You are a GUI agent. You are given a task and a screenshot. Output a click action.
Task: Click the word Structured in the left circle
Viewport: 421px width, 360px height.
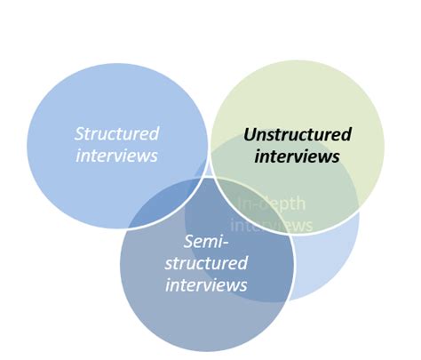(x=116, y=134)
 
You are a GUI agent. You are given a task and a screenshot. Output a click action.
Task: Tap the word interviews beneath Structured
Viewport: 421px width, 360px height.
(x=116, y=156)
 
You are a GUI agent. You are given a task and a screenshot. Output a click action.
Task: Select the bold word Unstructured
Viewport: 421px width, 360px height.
(x=298, y=135)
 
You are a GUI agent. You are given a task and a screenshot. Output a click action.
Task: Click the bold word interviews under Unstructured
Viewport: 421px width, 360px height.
(x=298, y=156)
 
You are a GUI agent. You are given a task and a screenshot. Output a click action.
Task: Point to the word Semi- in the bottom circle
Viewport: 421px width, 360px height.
(x=204, y=242)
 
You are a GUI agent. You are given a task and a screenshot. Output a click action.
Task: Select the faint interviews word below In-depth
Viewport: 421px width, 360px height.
(x=275, y=226)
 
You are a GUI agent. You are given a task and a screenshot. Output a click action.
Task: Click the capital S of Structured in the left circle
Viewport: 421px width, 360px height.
(x=80, y=134)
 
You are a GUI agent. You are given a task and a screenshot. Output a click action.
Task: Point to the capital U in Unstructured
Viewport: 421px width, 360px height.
(x=250, y=135)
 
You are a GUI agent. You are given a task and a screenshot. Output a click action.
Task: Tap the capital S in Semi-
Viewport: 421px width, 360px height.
(x=188, y=242)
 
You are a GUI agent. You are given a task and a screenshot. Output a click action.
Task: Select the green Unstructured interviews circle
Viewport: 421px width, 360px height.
(x=302, y=98)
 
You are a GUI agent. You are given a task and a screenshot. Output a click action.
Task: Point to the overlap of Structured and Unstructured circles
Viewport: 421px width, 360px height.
(x=213, y=147)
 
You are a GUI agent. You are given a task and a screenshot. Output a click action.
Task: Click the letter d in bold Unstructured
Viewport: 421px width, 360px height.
(x=346, y=135)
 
